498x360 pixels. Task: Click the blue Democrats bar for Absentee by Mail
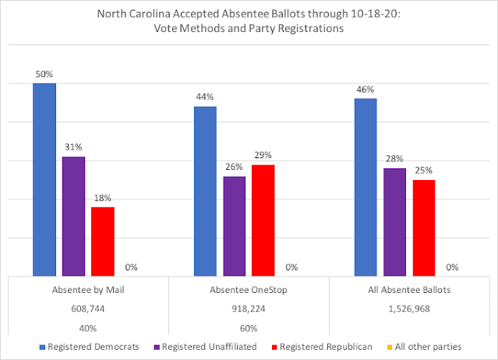(44, 180)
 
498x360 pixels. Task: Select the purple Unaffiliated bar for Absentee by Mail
(74, 216)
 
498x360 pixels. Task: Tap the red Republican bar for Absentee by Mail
(103, 242)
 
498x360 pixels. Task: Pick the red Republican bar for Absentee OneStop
(263, 221)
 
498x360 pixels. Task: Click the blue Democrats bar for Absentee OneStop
(205, 192)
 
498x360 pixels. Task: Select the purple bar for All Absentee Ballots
(395, 222)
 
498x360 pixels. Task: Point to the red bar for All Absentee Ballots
(424, 228)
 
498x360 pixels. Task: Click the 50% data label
(44, 74)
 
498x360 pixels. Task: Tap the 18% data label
(103, 198)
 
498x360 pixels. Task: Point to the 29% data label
(263, 155)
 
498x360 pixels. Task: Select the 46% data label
(366, 90)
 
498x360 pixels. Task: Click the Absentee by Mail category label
(88, 290)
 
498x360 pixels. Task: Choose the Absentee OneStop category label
(249, 290)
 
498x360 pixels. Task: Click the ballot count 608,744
(88, 309)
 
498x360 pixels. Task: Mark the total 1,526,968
(409, 309)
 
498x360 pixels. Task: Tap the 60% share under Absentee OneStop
(249, 328)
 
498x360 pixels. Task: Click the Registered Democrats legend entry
(90, 347)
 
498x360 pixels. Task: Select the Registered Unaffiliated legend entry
(205, 347)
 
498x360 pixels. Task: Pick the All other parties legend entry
(424, 347)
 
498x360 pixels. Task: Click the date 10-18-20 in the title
(374, 14)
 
